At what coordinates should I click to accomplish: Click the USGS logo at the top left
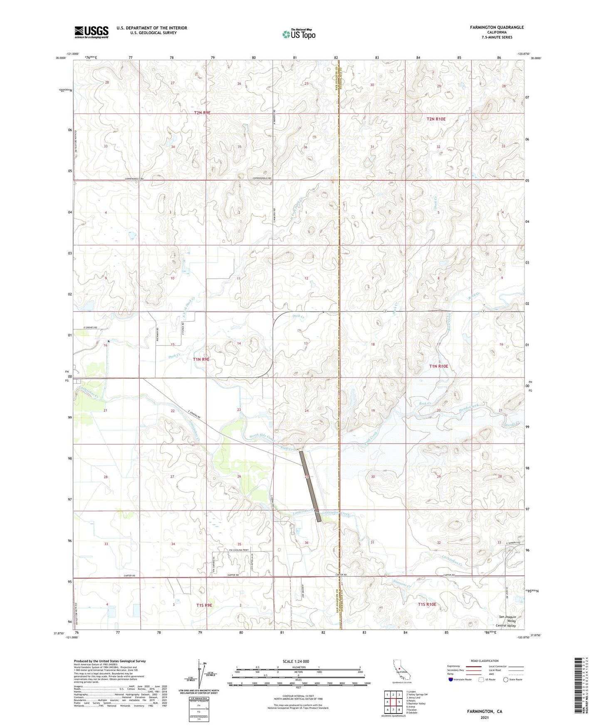point(91,32)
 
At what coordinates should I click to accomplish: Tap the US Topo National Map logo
point(299,34)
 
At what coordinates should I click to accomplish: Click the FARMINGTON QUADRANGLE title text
point(497,27)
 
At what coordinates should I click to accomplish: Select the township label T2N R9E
point(202,113)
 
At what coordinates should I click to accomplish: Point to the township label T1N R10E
point(438,366)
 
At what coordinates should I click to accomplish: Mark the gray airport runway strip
point(310,486)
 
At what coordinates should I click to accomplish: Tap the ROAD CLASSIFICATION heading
point(485,661)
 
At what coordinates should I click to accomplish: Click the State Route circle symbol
point(506,679)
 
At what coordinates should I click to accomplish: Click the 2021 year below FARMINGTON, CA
point(484,717)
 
